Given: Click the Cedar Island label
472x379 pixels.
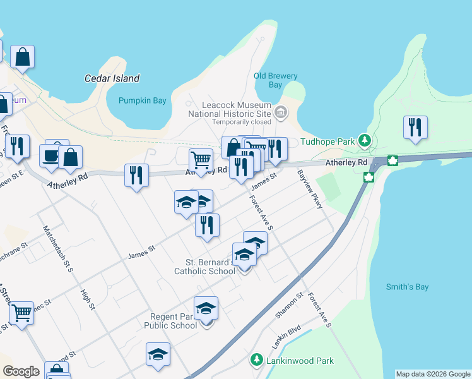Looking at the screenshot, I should coord(112,79).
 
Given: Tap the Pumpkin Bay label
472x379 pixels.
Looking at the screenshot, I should coord(142,100).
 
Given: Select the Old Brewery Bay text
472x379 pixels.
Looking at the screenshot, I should coord(275,80).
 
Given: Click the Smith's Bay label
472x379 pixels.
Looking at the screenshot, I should coord(407,287).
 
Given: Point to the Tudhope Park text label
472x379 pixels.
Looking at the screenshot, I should coord(327,142).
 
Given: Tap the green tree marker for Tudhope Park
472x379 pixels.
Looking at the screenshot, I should coord(364,140).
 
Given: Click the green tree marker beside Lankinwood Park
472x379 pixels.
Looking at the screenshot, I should coord(257,360).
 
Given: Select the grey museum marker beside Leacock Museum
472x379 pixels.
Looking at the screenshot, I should coord(281,114).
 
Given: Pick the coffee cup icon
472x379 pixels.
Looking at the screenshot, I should coord(50,155).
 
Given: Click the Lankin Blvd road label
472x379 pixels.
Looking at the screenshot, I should coord(285,333).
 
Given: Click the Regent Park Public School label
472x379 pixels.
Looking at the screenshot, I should coord(174,321).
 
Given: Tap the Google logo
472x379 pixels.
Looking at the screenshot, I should coord(21,371).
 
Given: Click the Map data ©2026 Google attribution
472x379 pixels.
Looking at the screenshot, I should coord(433,374).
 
